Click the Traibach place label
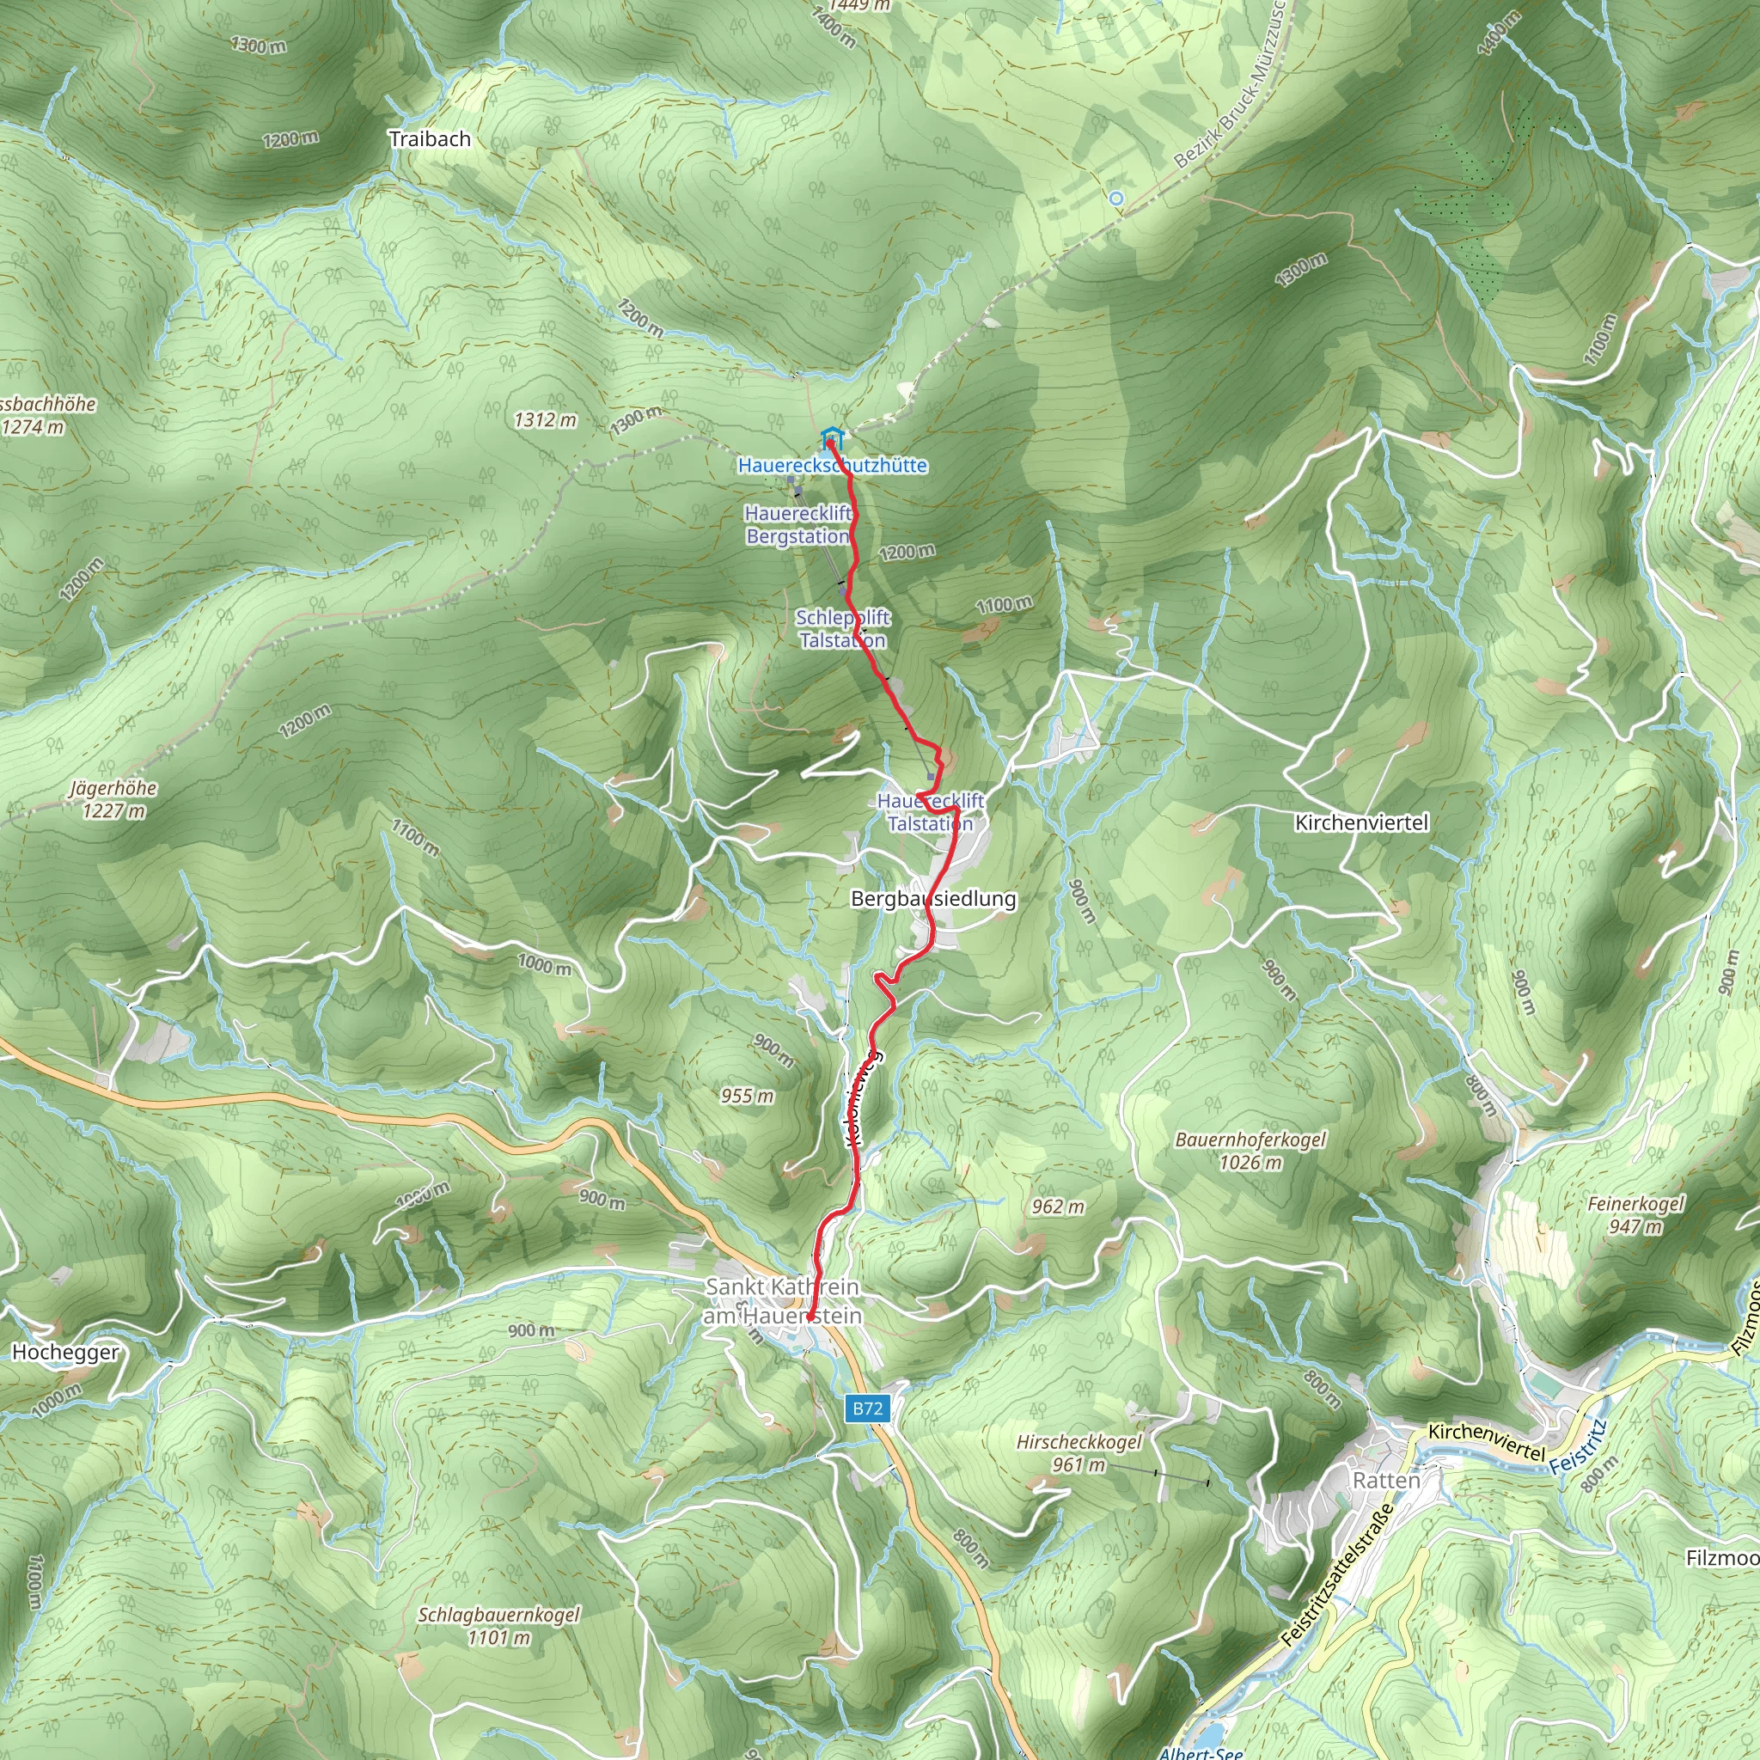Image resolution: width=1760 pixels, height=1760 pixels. point(429,139)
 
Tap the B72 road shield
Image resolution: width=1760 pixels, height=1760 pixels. point(866,1409)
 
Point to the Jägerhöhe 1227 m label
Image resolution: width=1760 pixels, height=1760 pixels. point(113,799)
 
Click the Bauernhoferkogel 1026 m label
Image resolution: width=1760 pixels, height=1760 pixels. point(1250,1151)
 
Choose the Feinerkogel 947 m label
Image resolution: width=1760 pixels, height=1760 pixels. point(1635,1214)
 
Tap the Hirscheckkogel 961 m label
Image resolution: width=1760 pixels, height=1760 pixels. point(1079,1453)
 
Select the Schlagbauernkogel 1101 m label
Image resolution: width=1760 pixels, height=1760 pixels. point(498,1626)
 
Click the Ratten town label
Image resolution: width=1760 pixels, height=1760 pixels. point(1385,1481)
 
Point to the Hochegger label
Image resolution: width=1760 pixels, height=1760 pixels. point(65,1352)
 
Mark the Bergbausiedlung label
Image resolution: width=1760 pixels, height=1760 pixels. point(932,898)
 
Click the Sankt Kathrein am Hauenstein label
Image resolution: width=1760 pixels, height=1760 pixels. point(783,1301)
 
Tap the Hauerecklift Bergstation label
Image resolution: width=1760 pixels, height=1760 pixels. point(798,525)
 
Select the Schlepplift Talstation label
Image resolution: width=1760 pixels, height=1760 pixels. point(843,628)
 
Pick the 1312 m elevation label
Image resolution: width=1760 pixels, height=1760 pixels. point(545,420)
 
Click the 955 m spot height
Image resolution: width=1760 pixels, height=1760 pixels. point(747,1096)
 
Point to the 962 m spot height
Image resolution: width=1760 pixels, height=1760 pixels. point(1058,1207)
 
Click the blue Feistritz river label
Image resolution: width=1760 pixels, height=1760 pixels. point(1576,1451)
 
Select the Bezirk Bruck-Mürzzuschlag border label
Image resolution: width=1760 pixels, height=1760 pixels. point(1230,87)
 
